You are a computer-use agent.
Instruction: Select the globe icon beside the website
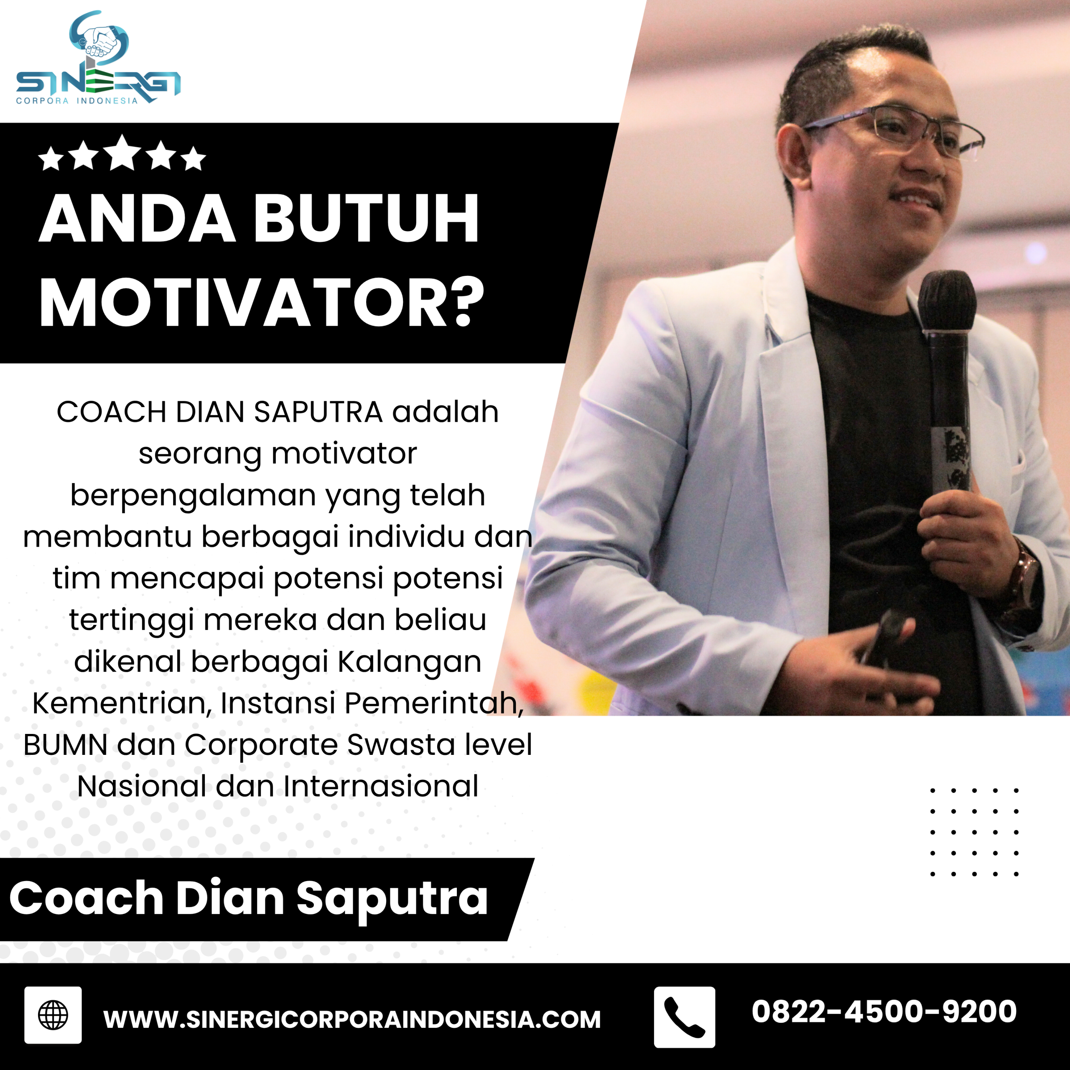pos(53,1014)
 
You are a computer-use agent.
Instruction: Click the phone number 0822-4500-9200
pos(884,1011)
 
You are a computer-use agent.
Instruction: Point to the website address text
pos(352,1019)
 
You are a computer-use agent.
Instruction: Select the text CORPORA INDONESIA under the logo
pos(76,101)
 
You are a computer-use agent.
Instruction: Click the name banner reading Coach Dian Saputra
pos(249,898)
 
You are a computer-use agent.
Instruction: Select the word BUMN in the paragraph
pos(65,744)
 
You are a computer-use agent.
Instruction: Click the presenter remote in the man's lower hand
pos(886,637)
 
